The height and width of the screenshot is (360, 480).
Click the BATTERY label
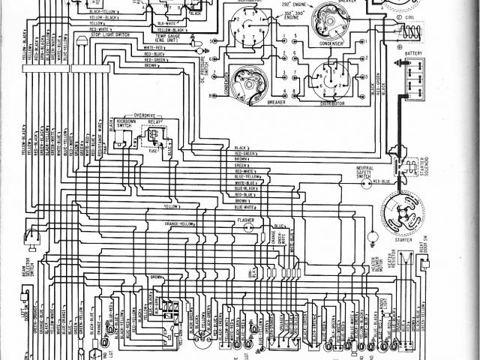[415, 54]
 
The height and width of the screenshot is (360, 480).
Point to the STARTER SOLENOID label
[425, 162]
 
